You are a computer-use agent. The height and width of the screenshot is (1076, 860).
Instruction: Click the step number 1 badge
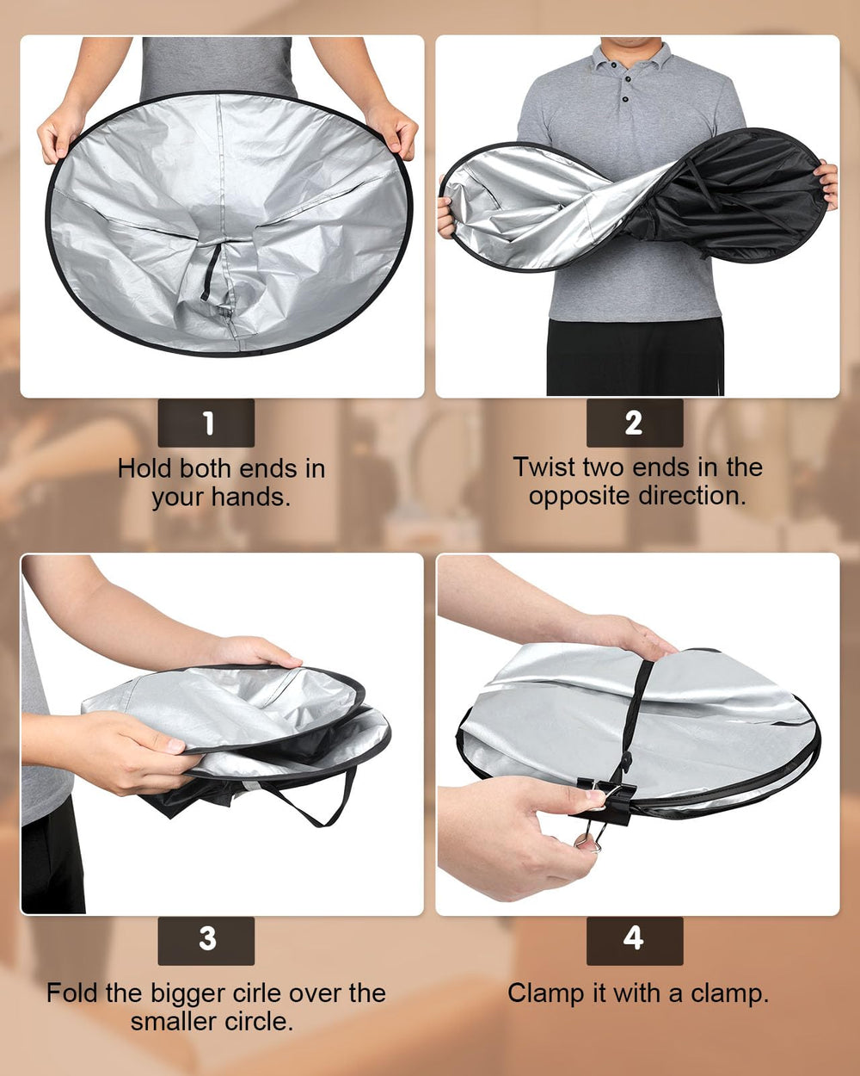click(x=206, y=423)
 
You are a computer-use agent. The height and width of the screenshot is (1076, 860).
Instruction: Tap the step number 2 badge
click(x=635, y=423)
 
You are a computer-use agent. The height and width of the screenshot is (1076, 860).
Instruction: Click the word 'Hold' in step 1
click(x=145, y=469)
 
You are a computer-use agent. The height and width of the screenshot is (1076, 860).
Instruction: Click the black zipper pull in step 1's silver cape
click(x=211, y=273)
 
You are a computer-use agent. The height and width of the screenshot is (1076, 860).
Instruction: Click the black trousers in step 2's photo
click(x=636, y=356)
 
